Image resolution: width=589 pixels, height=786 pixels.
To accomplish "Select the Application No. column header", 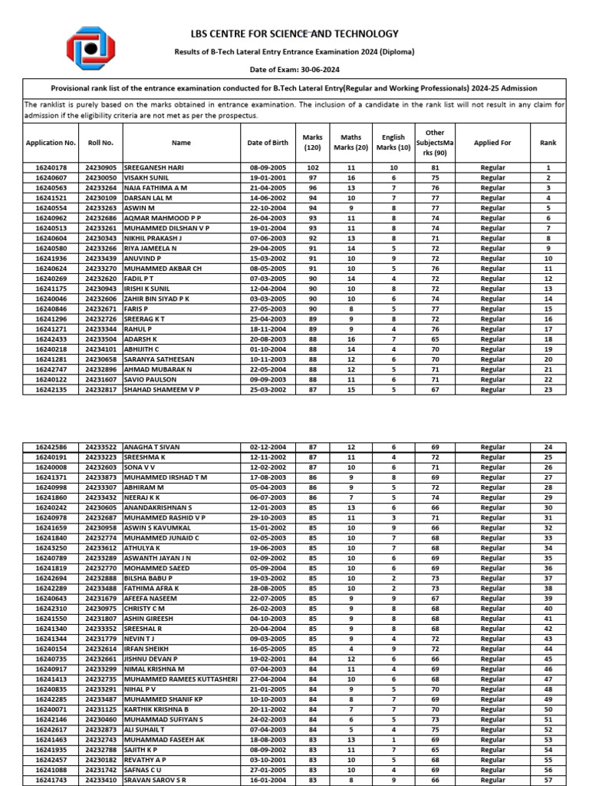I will [51, 143].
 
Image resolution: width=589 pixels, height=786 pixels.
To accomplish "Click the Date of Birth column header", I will [268, 143].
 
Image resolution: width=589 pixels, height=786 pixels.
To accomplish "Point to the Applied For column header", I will [492, 143].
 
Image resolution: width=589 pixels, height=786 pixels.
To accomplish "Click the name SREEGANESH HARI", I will [154, 167].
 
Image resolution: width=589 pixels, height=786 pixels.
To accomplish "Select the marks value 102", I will [312, 167].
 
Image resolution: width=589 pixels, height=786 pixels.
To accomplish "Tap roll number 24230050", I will [100, 177].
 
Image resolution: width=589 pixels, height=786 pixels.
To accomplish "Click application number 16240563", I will [51, 187].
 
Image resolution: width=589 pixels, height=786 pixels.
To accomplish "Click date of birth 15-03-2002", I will [268, 258].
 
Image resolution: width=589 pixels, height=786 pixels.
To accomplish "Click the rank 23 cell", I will [548, 389].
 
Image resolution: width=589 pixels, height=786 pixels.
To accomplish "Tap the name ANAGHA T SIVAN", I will [153, 447].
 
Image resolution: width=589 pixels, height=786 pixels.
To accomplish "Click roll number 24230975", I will [100, 609].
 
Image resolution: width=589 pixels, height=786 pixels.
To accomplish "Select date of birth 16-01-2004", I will [268, 780].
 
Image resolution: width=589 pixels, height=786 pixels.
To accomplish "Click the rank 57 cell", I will [548, 780].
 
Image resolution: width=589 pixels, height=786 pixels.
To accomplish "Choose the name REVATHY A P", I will [148, 760].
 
